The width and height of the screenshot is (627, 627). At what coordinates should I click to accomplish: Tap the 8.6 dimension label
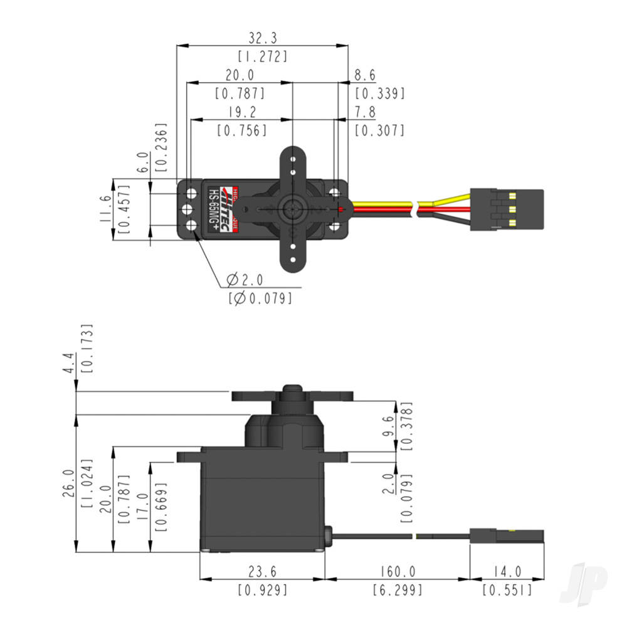(x=365, y=76)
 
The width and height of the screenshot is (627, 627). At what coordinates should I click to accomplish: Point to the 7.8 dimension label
(x=365, y=112)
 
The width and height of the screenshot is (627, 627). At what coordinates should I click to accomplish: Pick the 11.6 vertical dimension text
(x=105, y=210)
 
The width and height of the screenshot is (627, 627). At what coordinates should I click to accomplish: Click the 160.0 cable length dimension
(x=397, y=571)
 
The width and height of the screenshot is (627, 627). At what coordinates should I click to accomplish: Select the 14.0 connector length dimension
(x=507, y=571)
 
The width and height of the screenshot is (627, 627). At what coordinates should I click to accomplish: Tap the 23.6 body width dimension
(x=262, y=571)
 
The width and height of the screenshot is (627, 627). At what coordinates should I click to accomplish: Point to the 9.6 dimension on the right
(x=389, y=426)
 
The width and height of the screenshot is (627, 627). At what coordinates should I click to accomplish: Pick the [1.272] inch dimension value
(x=262, y=56)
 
